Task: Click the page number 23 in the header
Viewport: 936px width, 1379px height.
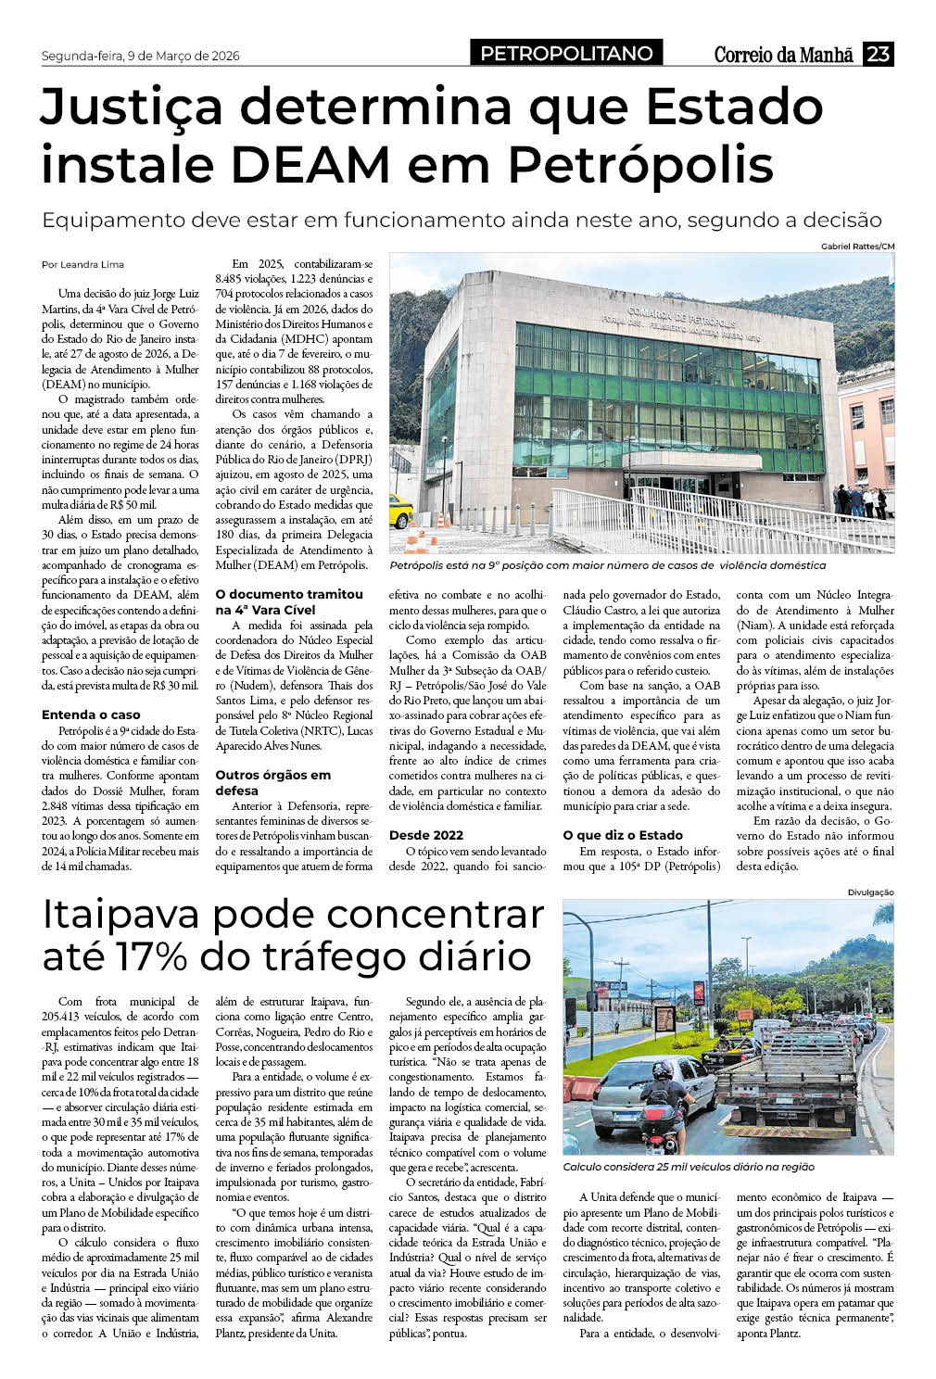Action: (878, 54)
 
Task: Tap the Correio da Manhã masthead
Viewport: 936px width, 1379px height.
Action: (783, 55)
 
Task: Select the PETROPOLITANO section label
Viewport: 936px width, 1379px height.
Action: (566, 54)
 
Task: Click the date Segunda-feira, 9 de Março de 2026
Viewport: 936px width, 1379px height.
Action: (141, 56)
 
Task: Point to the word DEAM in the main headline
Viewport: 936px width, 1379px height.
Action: (310, 166)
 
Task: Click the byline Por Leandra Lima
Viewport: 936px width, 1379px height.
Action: (82, 264)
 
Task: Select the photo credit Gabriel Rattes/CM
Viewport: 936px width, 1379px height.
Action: (857, 246)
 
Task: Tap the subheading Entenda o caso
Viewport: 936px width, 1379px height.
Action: (91, 715)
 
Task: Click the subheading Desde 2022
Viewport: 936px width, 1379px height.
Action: (426, 835)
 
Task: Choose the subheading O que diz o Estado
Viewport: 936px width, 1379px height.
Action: (623, 835)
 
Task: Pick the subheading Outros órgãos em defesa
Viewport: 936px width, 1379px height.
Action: (272, 782)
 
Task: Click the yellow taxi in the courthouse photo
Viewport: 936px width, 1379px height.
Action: (400, 509)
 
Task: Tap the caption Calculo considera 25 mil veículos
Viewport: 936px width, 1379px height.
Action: (689, 1167)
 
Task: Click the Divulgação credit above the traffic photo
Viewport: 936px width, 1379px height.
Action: (870, 892)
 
